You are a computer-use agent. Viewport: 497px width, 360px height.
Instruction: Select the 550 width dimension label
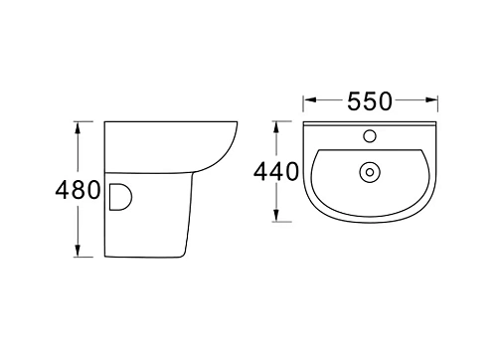(x=370, y=101)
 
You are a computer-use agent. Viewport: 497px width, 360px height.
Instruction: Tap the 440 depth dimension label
(x=274, y=172)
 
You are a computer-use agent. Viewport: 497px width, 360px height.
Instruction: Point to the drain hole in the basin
(x=370, y=172)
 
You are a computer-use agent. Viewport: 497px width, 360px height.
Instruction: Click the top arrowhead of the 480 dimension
(x=77, y=128)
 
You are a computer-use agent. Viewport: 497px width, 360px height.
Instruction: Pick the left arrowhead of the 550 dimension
(x=309, y=100)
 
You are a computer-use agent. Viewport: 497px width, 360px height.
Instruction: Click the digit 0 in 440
(x=289, y=172)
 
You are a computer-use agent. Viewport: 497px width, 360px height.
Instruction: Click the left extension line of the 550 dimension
(x=303, y=109)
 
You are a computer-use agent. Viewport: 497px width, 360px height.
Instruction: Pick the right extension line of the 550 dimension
(x=437, y=109)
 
